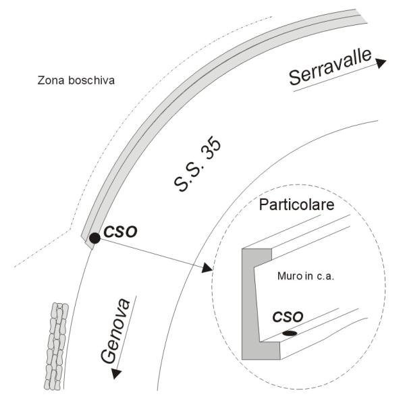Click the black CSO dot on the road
point(94,238)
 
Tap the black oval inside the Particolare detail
point(290,333)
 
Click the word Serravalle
point(330,67)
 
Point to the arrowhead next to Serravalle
point(381,63)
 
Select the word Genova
point(115,331)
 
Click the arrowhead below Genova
point(117,373)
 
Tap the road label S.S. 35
point(198,164)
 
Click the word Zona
point(51,80)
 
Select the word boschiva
point(91,80)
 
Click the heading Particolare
point(296,205)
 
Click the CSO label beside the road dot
point(120,232)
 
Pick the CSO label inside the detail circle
point(288,317)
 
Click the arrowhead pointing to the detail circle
point(207,268)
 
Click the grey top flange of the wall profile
point(257,256)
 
